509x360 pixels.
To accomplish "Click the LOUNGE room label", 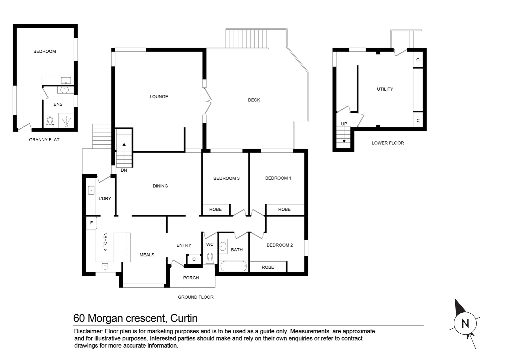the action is click(x=159, y=97).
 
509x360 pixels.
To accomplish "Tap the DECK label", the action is click(x=254, y=100).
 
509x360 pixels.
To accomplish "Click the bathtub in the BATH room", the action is click(x=234, y=266).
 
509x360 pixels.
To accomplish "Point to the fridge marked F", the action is click(x=92, y=223).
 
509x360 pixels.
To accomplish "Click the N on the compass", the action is click(x=465, y=323).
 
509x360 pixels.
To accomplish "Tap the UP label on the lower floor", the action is click(x=344, y=124).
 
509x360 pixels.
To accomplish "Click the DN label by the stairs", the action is click(x=124, y=170).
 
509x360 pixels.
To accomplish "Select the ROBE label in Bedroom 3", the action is click(x=216, y=209).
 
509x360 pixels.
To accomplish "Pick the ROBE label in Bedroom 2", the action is click(x=268, y=267).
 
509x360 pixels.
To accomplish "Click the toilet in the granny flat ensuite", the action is click(x=50, y=122).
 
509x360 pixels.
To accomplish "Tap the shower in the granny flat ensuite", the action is click(x=66, y=120).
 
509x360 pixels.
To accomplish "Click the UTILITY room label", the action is click(x=385, y=89).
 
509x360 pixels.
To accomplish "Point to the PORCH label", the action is click(x=191, y=278).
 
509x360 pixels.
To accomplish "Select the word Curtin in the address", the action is click(x=184, y=318).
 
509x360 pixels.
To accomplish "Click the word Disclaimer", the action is click(x=88, y=331).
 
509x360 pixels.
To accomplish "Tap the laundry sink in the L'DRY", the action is click(x=91, y=190).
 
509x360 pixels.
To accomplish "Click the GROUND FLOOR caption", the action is click(x=196, y=297).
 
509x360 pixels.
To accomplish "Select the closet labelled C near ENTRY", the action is click(x=194, y=259).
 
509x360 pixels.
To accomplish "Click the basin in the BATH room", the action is click(x=223, y=246).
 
